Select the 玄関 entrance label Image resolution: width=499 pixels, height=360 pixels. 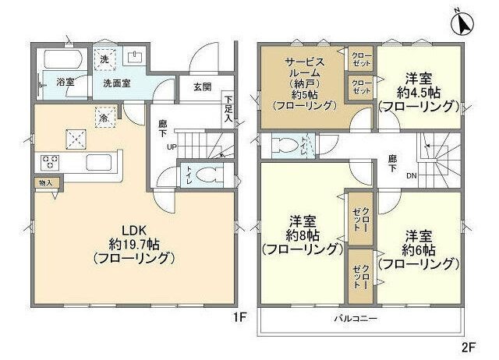[x=200, y=87]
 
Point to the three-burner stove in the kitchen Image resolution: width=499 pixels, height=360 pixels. [x=52, y=163]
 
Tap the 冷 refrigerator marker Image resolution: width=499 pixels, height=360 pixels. [x=103, y=118]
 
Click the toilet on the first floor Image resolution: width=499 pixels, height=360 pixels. [x=200, y=175]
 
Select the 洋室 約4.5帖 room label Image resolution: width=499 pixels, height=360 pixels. [x=419, y=92]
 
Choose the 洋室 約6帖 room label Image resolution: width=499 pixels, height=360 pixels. [x=419, y=249]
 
